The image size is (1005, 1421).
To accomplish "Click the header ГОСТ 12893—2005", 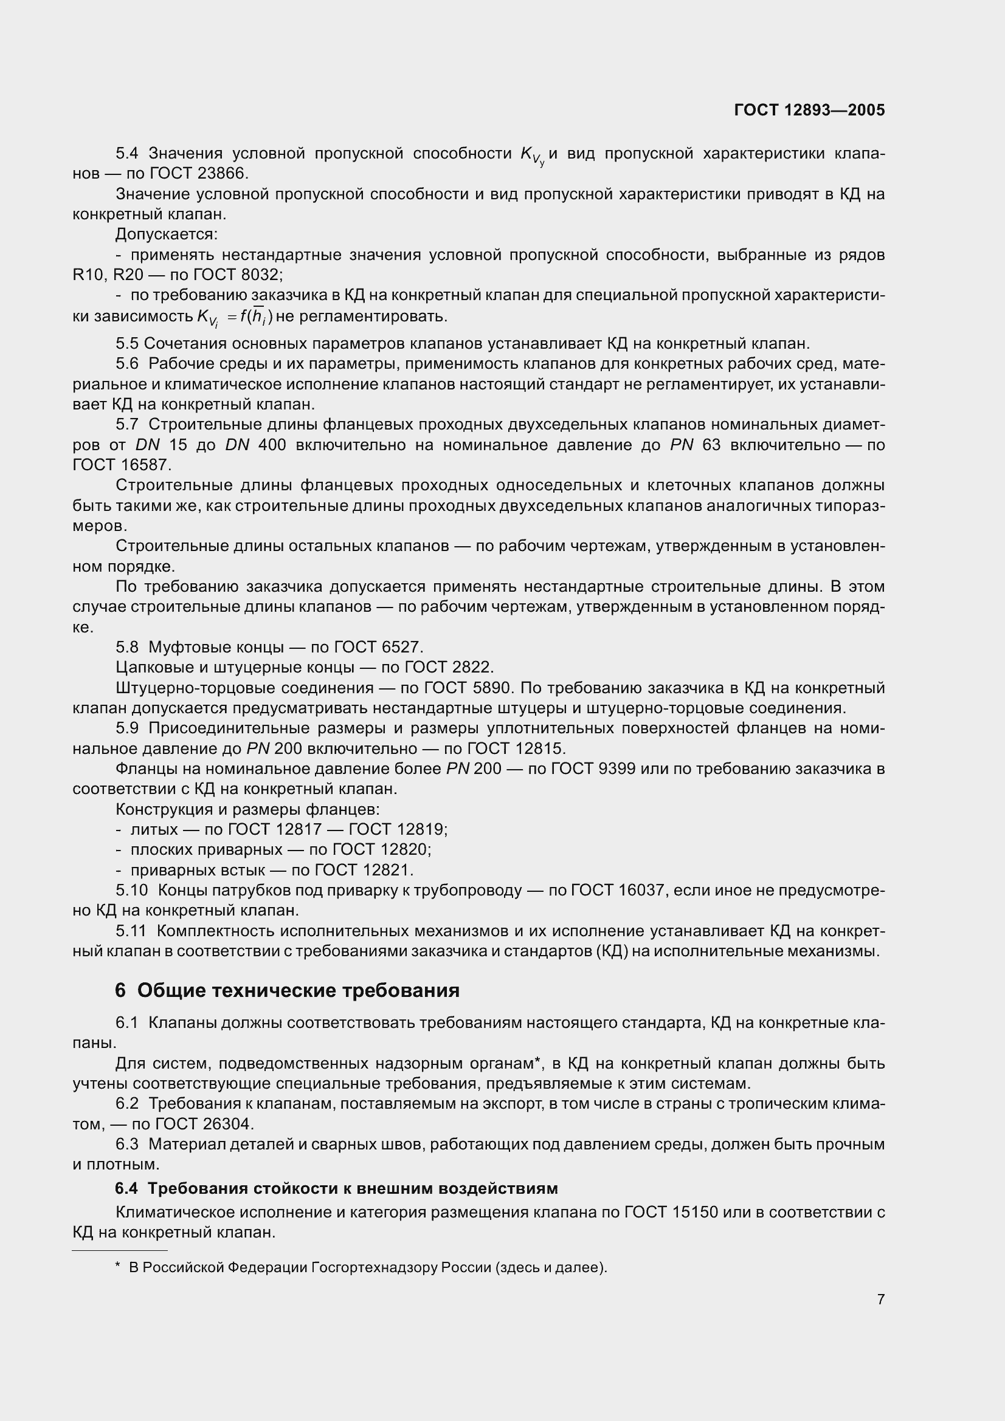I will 809,110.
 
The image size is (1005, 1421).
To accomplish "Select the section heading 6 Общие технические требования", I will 287,990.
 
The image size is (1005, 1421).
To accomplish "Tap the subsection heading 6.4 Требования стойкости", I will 336,1188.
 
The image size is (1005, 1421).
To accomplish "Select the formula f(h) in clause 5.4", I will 257,317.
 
